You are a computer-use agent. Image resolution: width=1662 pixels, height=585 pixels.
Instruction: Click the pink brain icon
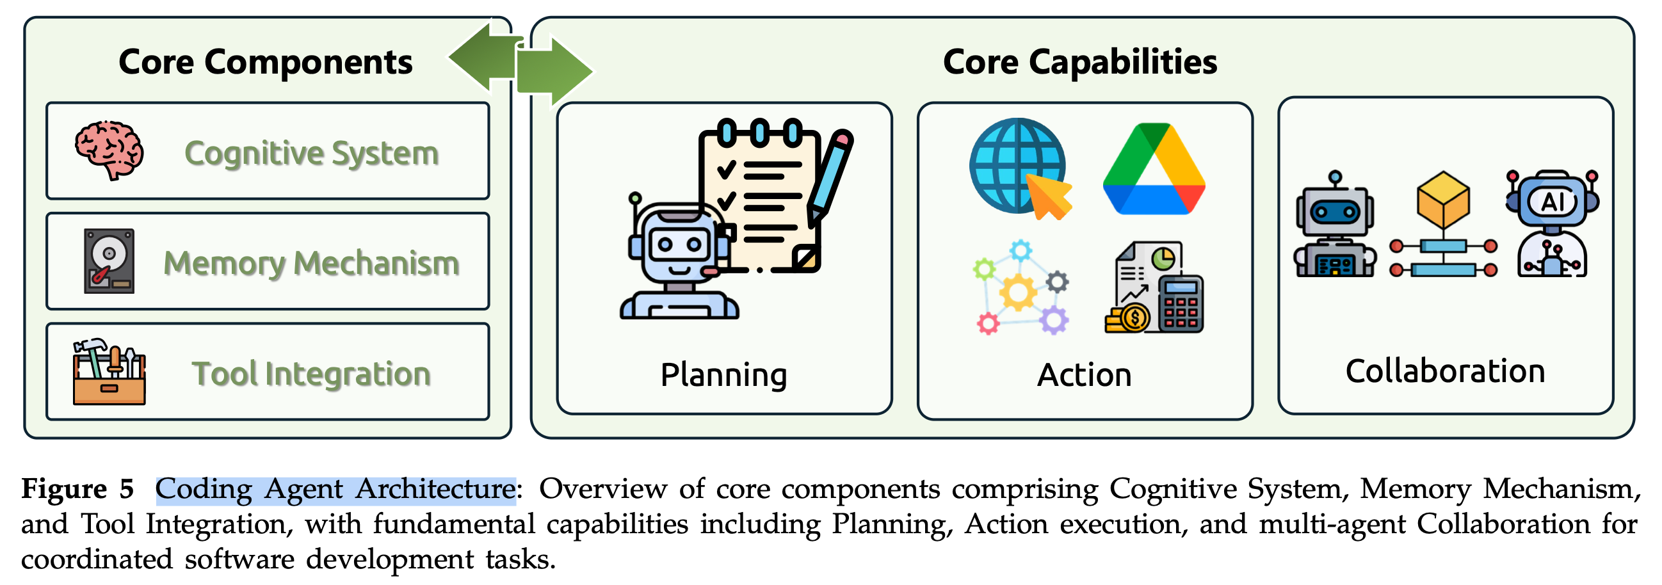click(109, 149)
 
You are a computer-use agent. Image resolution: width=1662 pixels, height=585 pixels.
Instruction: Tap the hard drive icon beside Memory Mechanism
click(109, 261)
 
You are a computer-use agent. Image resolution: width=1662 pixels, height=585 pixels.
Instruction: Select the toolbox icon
click(109, 372)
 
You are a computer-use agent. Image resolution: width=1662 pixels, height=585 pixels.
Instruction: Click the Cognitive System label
click(312, 154)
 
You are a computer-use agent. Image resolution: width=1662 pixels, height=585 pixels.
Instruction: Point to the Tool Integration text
click(312, 374)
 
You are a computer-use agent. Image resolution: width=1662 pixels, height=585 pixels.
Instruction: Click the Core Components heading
click(265, 63)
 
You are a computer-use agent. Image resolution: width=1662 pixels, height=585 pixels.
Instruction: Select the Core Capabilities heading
click(1079, 63)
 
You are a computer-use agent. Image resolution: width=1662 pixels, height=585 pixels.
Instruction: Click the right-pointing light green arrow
click(554, 71)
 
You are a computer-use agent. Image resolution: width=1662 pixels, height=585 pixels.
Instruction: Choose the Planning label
click(723, 374)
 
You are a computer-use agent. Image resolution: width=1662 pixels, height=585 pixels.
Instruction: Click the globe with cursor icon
click(1019, 168)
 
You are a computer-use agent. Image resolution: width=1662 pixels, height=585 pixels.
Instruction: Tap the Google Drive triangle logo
click(1154, 169)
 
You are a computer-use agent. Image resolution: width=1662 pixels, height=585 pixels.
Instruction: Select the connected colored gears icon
click(1020, 287)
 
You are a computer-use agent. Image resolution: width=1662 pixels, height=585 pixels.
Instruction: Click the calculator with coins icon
click(1154, 288)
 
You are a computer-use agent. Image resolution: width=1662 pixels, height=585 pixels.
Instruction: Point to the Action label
click(1084, 374)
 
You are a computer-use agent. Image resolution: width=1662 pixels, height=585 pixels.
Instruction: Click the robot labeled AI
click(1553, 223)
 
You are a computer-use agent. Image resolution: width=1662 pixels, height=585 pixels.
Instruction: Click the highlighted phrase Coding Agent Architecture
click(335, 490)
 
